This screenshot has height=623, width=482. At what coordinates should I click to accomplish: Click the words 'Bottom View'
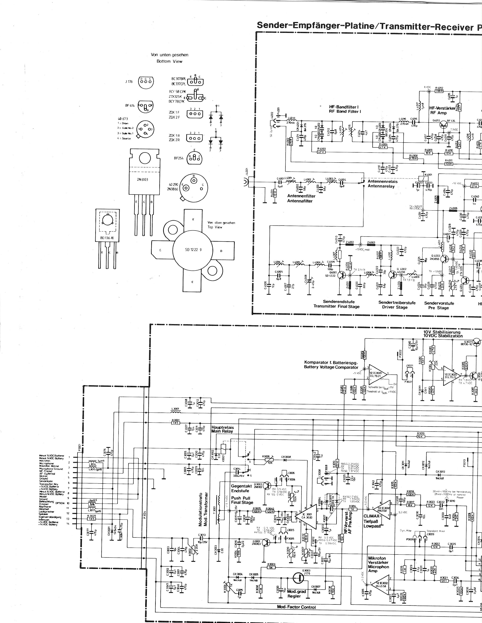[x=169, y=61]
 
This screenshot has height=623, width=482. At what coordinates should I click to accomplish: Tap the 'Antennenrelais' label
[x=382, y=181]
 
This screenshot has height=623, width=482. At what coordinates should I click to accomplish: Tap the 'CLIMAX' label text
[x=371, y=516]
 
